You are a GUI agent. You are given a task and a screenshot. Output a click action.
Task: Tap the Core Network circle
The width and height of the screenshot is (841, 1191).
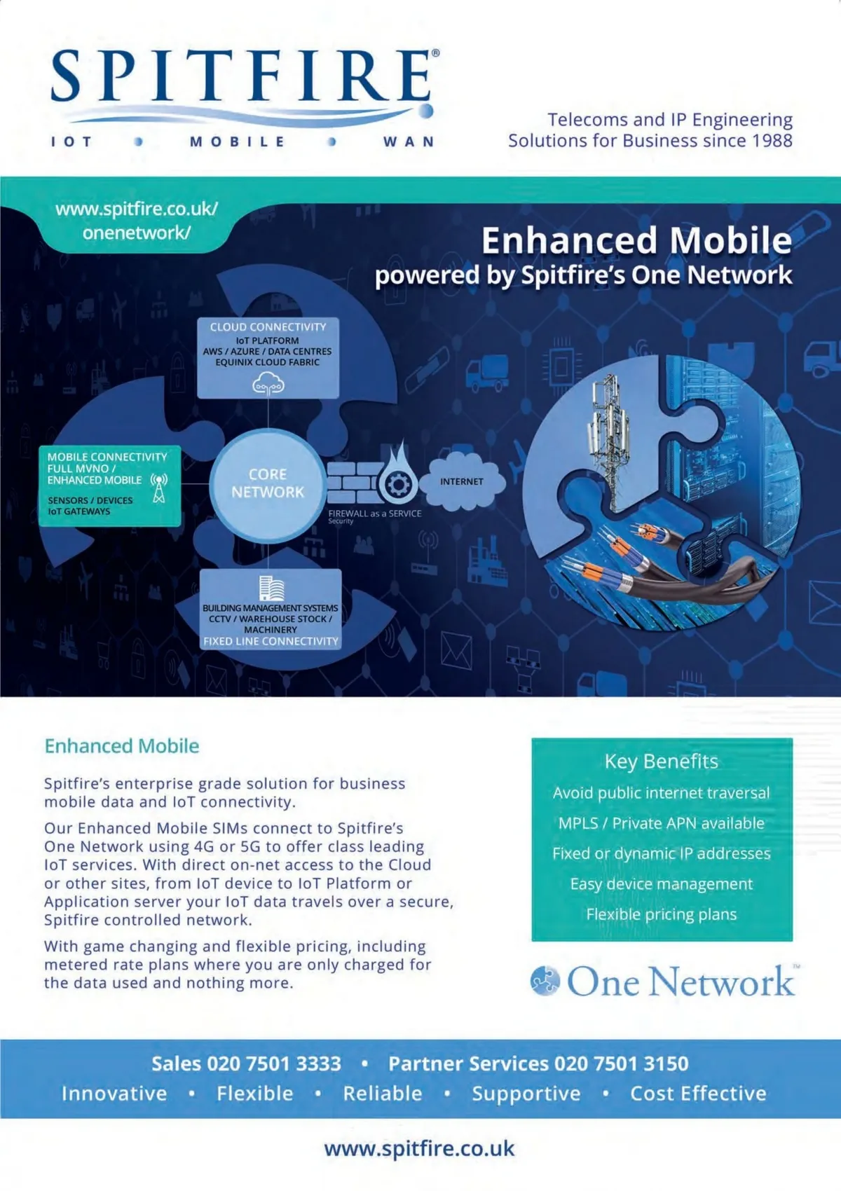(268, 483)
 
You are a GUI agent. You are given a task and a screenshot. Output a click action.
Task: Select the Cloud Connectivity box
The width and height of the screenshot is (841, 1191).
(268, 357)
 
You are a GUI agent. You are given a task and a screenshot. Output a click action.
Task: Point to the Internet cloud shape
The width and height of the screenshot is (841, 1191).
(462, 481)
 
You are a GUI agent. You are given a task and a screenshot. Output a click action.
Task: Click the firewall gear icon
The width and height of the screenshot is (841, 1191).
(398, 484)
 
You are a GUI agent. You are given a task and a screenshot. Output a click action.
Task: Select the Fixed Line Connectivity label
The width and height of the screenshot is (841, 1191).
(271, 641)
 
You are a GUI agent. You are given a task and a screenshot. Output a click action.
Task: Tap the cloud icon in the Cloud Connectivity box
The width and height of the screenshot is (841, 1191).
(268, 383)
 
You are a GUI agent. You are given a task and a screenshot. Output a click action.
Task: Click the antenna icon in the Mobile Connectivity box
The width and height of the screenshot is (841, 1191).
(159, 488)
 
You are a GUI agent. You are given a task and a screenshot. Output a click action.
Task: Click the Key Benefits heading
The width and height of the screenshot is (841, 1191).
(661, 762)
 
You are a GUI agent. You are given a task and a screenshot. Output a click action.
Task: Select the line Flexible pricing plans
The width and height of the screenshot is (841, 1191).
(661, 914)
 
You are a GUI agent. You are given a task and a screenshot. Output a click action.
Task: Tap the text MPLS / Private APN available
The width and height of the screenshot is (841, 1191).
(661, 823)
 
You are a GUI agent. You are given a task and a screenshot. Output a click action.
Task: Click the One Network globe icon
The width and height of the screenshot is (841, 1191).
(545, 980)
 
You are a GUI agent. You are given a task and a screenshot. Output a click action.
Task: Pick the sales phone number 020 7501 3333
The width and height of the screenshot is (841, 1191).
(274, 1063)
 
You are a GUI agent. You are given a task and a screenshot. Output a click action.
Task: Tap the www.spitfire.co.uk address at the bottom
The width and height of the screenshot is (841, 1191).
(419, 1149)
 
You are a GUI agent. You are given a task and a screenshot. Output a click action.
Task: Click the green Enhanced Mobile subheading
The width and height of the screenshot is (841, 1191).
(122, 746)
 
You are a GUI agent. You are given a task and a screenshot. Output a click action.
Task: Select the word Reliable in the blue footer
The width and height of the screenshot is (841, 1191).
(383, 1094)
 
